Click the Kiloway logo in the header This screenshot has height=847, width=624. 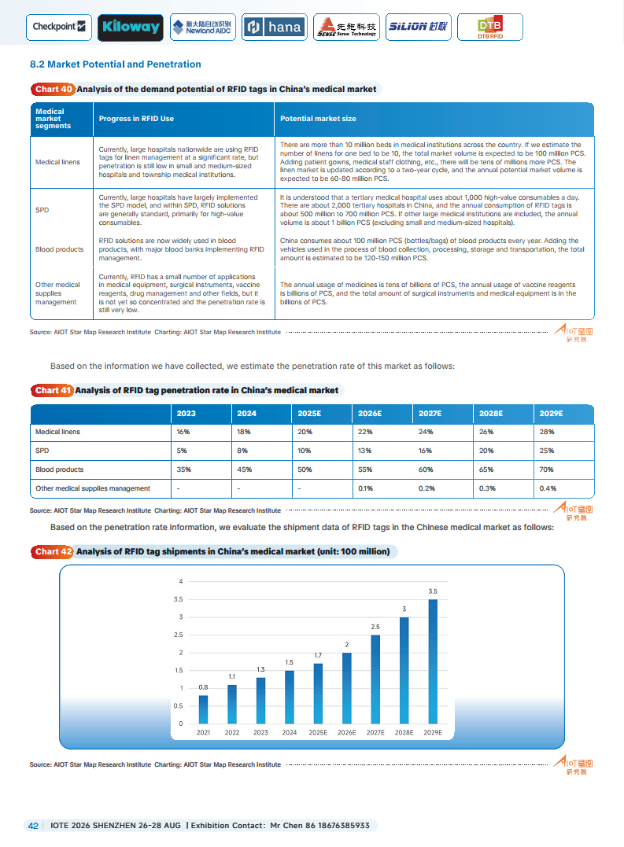131,28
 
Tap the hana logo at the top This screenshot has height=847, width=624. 275,28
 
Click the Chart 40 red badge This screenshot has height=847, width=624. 54,90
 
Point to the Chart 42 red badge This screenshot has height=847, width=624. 54,552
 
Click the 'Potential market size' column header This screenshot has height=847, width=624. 318,119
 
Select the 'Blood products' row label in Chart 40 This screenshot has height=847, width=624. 59,249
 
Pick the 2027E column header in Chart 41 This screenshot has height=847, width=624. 430,414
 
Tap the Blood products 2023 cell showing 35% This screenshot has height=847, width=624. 183,470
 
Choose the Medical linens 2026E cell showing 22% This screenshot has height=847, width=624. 365,432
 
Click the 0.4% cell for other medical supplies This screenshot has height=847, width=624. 548,488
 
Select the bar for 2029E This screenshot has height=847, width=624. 433,661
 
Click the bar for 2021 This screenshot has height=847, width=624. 204,709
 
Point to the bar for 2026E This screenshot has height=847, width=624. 347,688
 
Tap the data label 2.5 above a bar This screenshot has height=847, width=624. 375,626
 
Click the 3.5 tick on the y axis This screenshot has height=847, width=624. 179,599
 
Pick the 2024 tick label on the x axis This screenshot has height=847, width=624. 290,733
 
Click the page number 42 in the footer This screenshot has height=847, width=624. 33,826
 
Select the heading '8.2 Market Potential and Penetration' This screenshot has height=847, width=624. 115,64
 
